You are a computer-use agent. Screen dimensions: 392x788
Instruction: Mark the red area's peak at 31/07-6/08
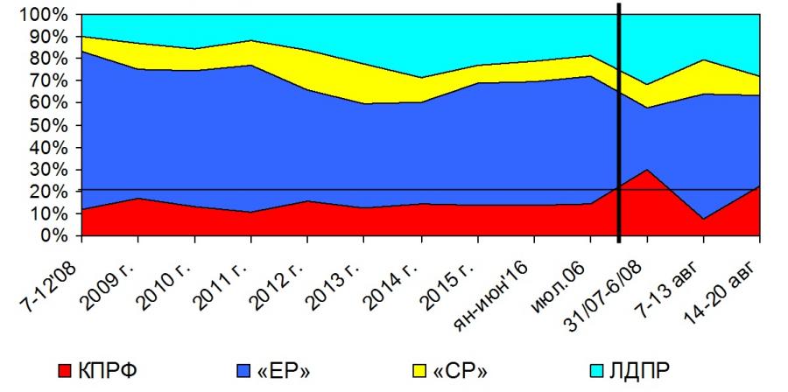pyautogui.click(x=646, y=170)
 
